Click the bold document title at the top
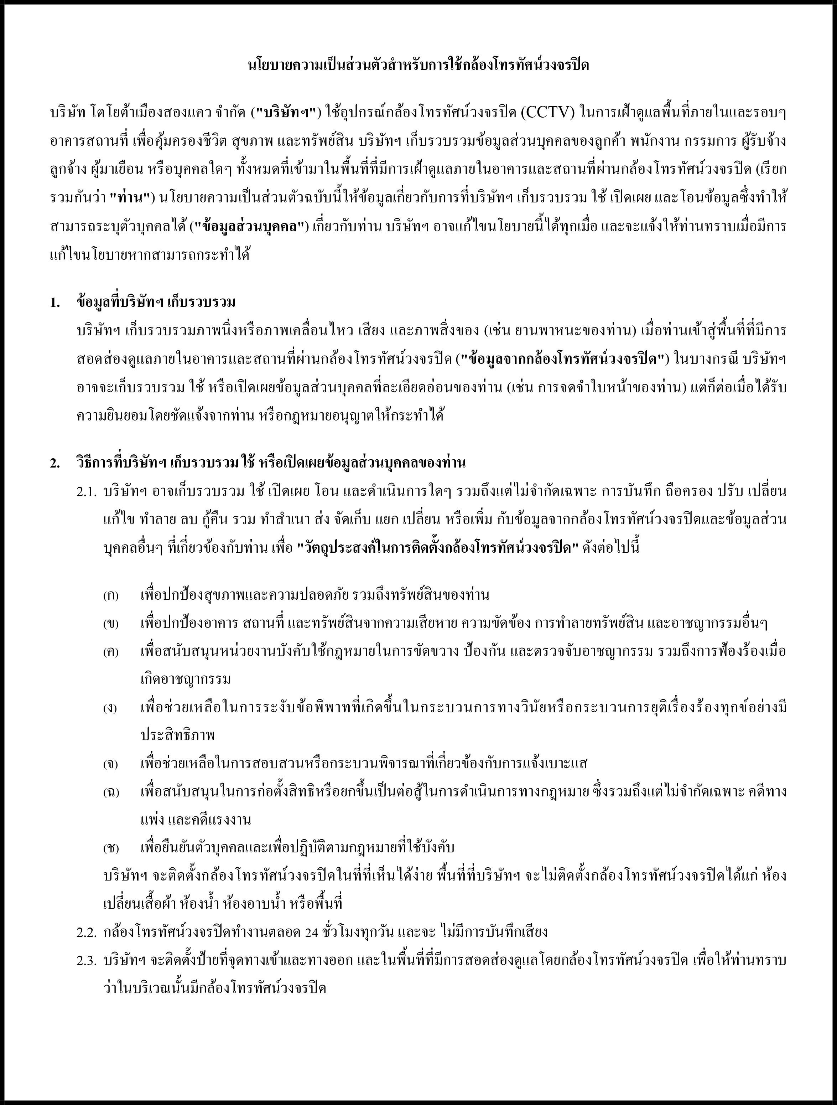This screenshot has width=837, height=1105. [x=418, y=66]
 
